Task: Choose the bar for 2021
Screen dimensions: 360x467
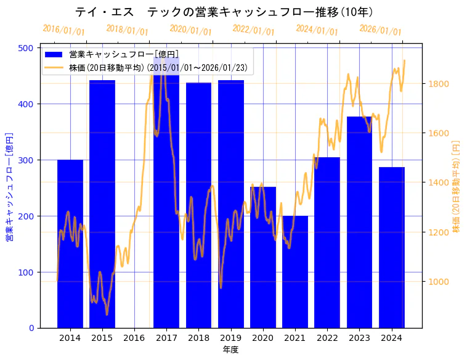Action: tap(295, 272)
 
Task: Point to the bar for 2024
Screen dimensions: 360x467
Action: tap(392, 247)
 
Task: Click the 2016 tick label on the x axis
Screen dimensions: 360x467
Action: tap(134, 338)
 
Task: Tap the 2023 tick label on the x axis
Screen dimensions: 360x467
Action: tap(359, 338)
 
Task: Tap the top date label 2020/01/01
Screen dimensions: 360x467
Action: tap(190, 30)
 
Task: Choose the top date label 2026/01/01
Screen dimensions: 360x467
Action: tap(380, 30)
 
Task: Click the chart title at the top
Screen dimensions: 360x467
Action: tap(225, 12)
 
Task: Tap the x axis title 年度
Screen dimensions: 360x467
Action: tap(230, 350)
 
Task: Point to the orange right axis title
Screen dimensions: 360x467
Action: tap(457, 185)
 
